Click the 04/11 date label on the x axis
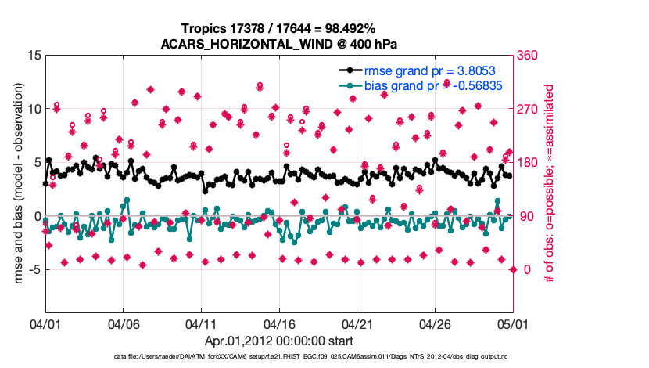(201, 323)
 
